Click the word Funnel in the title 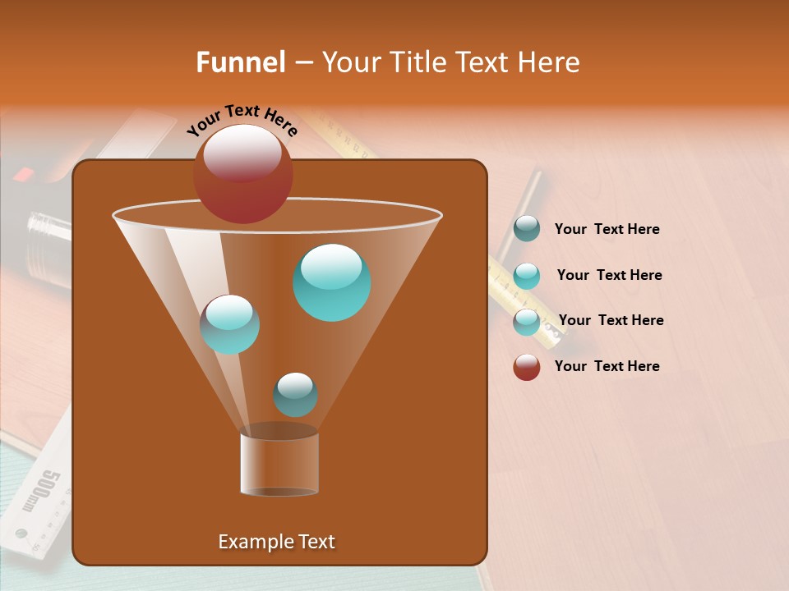pyautogui.click(x=240, y=62)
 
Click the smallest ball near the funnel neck pyautogui.click(x=295, y=396)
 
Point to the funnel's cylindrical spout pyautogui.click(x=279, y=464)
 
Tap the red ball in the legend pyautogui.click(x=527, y=367)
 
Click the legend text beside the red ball pyautogui.click(x=607, y=366)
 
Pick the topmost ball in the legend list pyautogui.click(x=527, y=229)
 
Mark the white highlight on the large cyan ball pyautogui.click(x=330, y=265)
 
